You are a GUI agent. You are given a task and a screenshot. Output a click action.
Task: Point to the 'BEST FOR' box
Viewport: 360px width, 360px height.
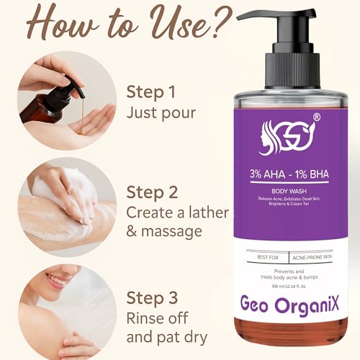click(x=267, y=255)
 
